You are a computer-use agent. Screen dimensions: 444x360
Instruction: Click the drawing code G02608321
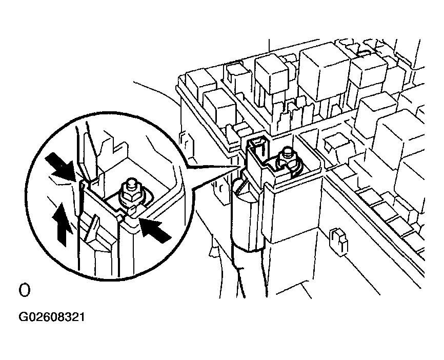52,317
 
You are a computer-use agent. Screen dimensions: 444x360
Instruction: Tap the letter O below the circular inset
24,290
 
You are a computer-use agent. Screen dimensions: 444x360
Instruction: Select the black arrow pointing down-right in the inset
62,167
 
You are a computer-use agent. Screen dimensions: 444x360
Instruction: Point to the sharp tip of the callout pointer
239,167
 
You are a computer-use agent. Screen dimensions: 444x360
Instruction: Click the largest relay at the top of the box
324,74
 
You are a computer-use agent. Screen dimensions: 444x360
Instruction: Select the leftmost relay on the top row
201,83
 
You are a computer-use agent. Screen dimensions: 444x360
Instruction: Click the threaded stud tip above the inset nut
131,182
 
